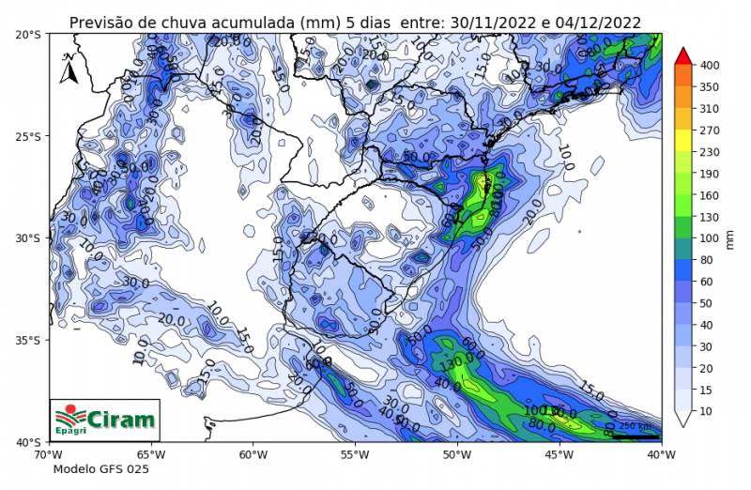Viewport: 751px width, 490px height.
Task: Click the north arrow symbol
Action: click(69, 68)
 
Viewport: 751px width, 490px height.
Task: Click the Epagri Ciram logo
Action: click(104, 419)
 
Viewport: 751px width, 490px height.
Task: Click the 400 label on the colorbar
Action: click(709, 66)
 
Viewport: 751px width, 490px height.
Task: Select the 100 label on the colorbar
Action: click(709, 238)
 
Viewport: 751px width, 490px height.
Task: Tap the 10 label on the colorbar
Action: click(706, 411)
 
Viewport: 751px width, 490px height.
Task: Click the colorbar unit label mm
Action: click(730, 238)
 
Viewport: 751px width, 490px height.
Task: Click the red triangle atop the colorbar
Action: click(683, 55)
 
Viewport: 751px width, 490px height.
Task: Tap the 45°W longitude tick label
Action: click(559, 454)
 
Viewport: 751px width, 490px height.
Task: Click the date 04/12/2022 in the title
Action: click(597, 23)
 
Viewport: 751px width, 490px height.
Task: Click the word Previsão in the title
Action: click(101, 23)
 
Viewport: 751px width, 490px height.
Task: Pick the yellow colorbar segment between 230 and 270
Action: click(683, 141)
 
